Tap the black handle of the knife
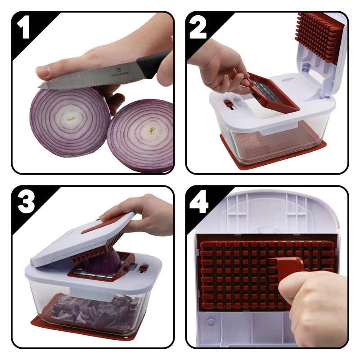coord(153,63)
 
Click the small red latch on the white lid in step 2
coord(229,104)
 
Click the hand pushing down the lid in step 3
coord(144,211)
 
